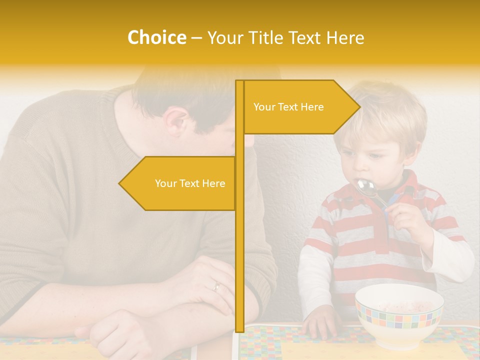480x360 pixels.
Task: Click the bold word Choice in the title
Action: click(156, 37)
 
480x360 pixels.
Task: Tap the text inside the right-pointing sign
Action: click(288, 107)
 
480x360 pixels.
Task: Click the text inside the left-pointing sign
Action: click(190, 183)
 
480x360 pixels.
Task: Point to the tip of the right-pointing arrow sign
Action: click(359, 106)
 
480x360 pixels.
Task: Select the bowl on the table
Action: click(399, 315)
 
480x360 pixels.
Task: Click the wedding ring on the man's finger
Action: click(216, 286)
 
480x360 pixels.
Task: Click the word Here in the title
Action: click(345, 37)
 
